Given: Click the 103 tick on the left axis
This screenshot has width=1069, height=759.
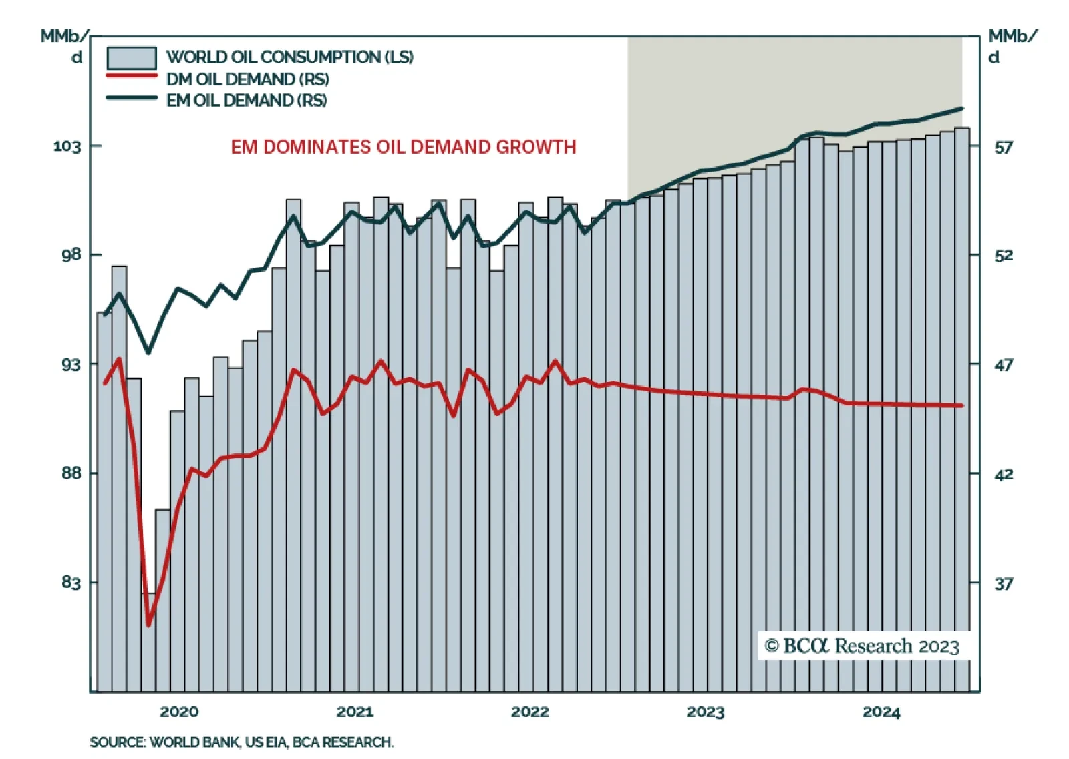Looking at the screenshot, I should (x=67, y=146).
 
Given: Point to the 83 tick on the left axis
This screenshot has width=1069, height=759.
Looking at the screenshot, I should (x=71, y=583).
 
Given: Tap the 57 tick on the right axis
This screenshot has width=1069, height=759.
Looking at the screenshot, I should (x=1004, y=147).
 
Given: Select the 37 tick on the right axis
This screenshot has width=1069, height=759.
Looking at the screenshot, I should (x=1004, y=584).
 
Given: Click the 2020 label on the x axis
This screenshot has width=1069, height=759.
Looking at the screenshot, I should (x=179, y=712).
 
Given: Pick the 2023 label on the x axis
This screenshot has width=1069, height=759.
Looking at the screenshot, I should (x=706, y=712).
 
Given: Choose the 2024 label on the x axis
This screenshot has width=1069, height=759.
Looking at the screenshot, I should (x=881, y=712).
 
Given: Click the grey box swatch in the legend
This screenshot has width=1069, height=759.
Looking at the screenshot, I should (x=132, y=58).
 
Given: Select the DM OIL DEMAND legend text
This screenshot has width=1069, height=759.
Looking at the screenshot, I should (x=248, y=79).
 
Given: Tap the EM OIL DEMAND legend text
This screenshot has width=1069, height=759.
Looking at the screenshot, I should (x=247, y=101).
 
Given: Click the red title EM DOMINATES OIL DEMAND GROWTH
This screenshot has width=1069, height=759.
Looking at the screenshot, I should (x=404, y=147).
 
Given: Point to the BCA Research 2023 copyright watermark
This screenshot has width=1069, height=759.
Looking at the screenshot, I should (x=862, y=646).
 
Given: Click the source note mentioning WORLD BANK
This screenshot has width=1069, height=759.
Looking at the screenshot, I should (x=242, y=742).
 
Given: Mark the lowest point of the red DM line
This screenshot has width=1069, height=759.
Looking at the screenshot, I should (x=148, y=625).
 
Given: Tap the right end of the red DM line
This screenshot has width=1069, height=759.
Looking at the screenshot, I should (x=961, y=405).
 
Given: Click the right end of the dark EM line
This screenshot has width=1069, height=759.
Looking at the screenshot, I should (x=961, y=108).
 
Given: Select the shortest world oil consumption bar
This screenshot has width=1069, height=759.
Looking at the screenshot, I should (x=148, y=641).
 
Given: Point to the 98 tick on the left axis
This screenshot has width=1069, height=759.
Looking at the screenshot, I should (x=71, y=255).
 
